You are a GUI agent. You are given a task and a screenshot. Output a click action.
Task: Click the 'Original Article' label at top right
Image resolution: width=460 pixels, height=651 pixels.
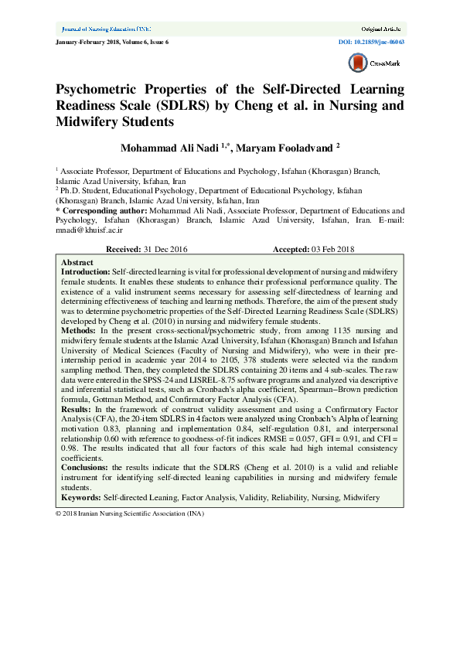click(x=383, y=27)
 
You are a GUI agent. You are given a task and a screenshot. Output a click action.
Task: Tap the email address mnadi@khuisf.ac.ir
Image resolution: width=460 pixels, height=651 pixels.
click(x=83, y=230)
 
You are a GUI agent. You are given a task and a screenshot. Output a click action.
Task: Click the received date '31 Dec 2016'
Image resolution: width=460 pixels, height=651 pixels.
click(x=165, y=250)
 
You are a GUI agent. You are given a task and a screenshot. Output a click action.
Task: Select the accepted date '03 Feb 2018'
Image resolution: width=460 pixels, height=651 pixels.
click(x=332, y=250)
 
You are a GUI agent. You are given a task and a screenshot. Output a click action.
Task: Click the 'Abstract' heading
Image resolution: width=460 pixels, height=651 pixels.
click(x=77, y=263)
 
